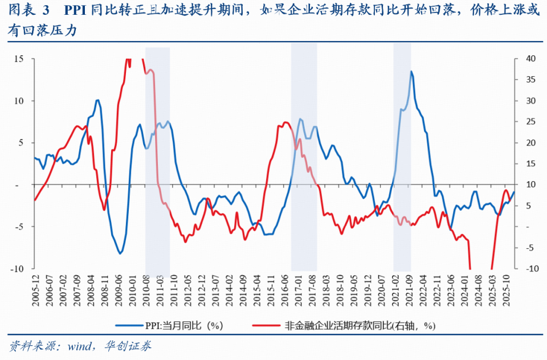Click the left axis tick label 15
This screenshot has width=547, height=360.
pyautogui.click(x=19, y=59)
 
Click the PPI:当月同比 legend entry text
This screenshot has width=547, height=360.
pyautogui.click(x=192, y=326)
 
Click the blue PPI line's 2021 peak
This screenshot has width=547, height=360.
pyautogui.click(x=411, y=71)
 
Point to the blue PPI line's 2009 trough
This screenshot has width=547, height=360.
pyautogui.click(x=120, y=253)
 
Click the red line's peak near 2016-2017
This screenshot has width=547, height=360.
pyautogui.click(x=284, y=122)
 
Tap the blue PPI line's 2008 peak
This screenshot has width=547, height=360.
pyautogui.click(x=97, y=100)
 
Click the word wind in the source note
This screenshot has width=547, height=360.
pyautogui.click(x=80, y=346)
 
